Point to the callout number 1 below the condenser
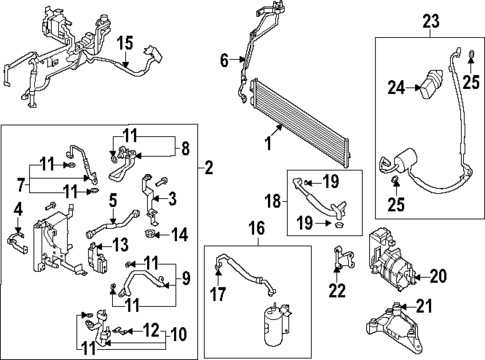[267, 142]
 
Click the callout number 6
[225, 61]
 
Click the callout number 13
[121, 246]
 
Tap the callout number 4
[17, 208]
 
